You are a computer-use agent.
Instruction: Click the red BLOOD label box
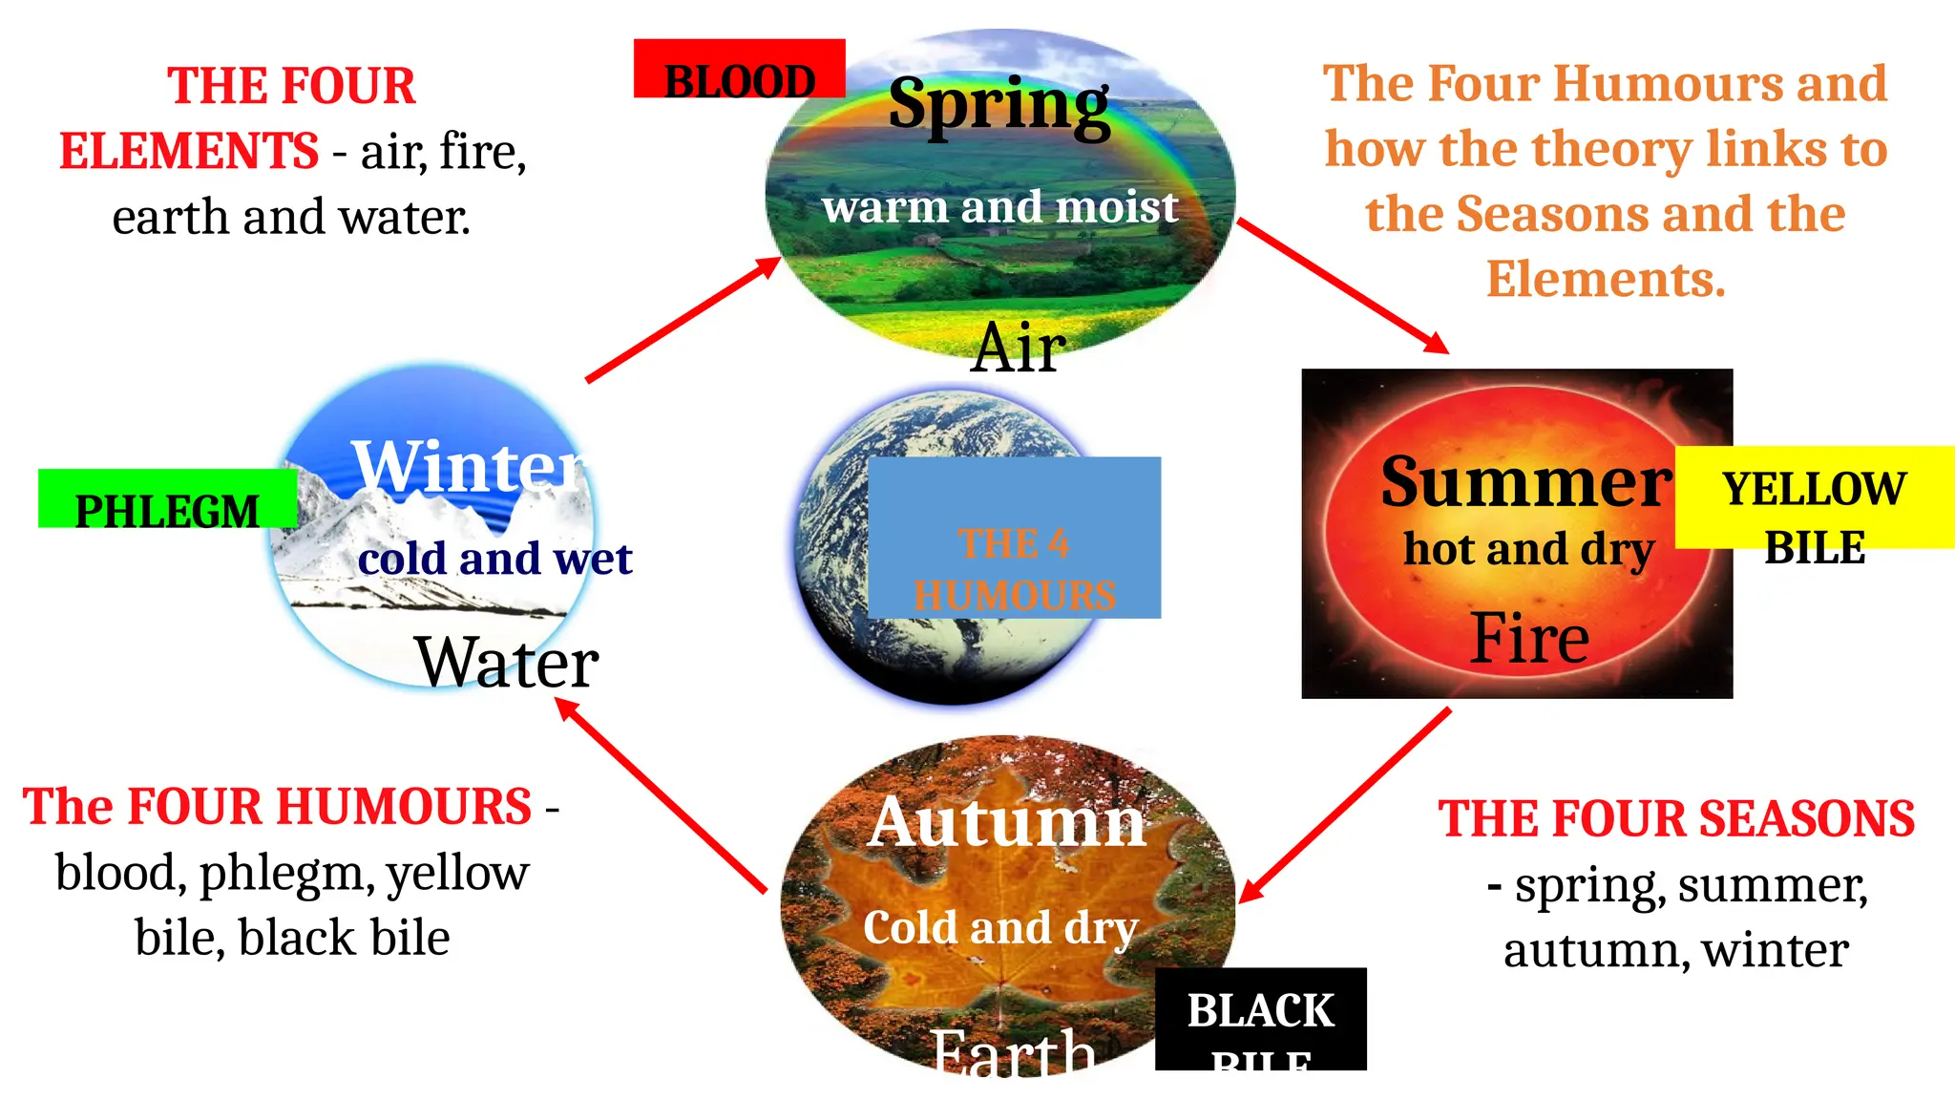pyautogui.click(x=739, y=69)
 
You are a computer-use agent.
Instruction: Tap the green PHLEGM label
pyautogui.click(x=167, y=499)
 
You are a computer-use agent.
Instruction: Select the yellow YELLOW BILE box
pyautogui.click(x=1814, y=497)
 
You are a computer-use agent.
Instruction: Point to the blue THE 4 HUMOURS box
pyautogui.click(x=1014, y=538)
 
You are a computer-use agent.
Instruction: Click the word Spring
pyautogui.click(x=999, y=104)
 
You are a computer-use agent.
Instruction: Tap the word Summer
pyautogui.click(x=1525, y=482)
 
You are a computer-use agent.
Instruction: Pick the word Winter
pyautogui.click(x=468, y=466)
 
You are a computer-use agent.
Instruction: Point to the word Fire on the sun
pyautogui.click(x=1529, y=638)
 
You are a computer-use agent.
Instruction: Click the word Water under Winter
pyautogui.click(x=507, y=662)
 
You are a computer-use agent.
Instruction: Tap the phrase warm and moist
pyautogui.click(x=999, y=207)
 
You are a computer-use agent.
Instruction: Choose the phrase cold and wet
pyautogui.click(x=494, y=559)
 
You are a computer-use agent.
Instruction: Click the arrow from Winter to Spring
pyautogui.click(x=683, y=319)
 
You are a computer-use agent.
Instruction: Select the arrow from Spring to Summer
pyautogui.click(x=1342, y=286)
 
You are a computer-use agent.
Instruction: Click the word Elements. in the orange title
pyautogui.click(x=1606, y=280)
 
